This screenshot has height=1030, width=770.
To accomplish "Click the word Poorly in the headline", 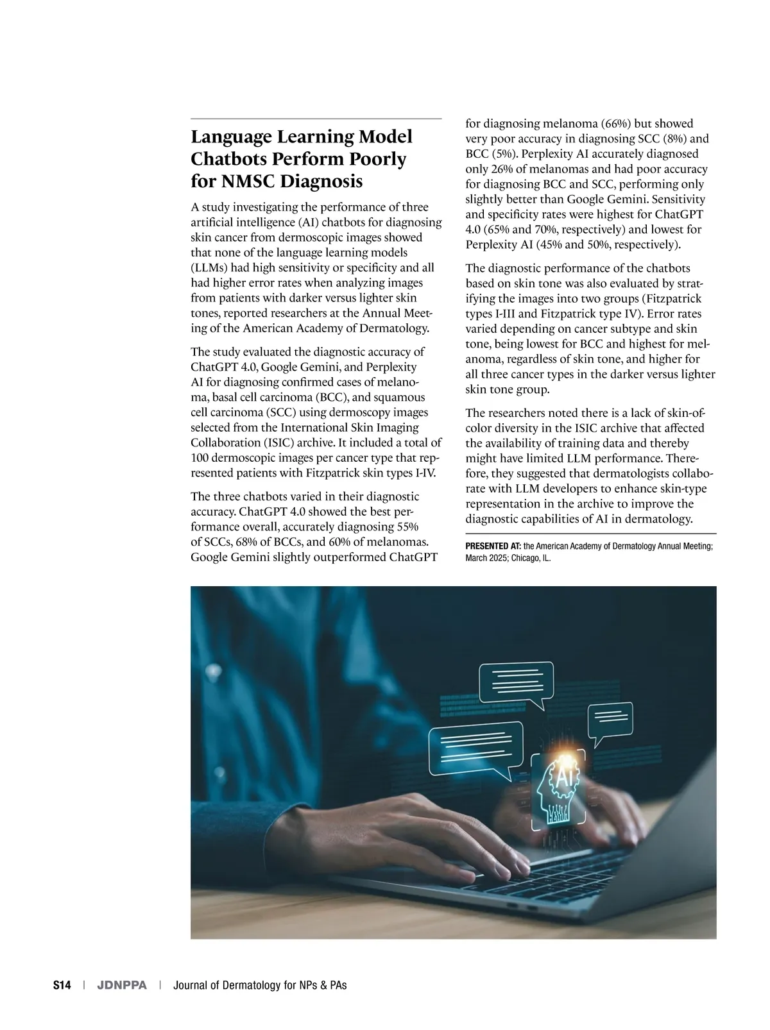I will (x=375, y=158).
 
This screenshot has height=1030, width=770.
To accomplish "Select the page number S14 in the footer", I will (x=62, y=985).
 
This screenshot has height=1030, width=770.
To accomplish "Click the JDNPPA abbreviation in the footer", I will (x=121, y=985).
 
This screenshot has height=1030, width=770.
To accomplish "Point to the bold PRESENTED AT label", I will (x=493, y=546).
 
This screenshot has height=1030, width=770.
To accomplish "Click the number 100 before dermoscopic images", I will (x=200, y=458).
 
